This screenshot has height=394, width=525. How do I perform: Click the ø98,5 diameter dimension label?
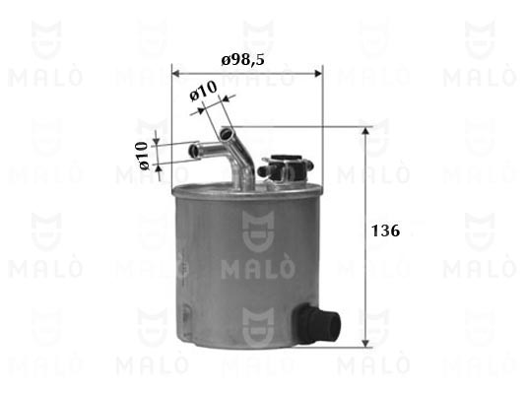pos(242,60)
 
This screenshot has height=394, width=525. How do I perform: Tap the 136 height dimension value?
pos(386,230)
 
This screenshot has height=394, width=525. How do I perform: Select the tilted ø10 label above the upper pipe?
pos(204,91)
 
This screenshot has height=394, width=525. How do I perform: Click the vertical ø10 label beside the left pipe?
pos(142,156)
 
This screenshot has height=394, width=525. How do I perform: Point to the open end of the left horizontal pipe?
pos(194,150)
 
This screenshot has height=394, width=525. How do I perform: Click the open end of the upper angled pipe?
pos(226,134)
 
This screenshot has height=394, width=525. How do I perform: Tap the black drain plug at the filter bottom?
pos(317,323)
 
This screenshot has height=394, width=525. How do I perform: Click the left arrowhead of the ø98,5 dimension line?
pos(175,73)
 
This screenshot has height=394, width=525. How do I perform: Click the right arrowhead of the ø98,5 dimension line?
pos(318,73)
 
